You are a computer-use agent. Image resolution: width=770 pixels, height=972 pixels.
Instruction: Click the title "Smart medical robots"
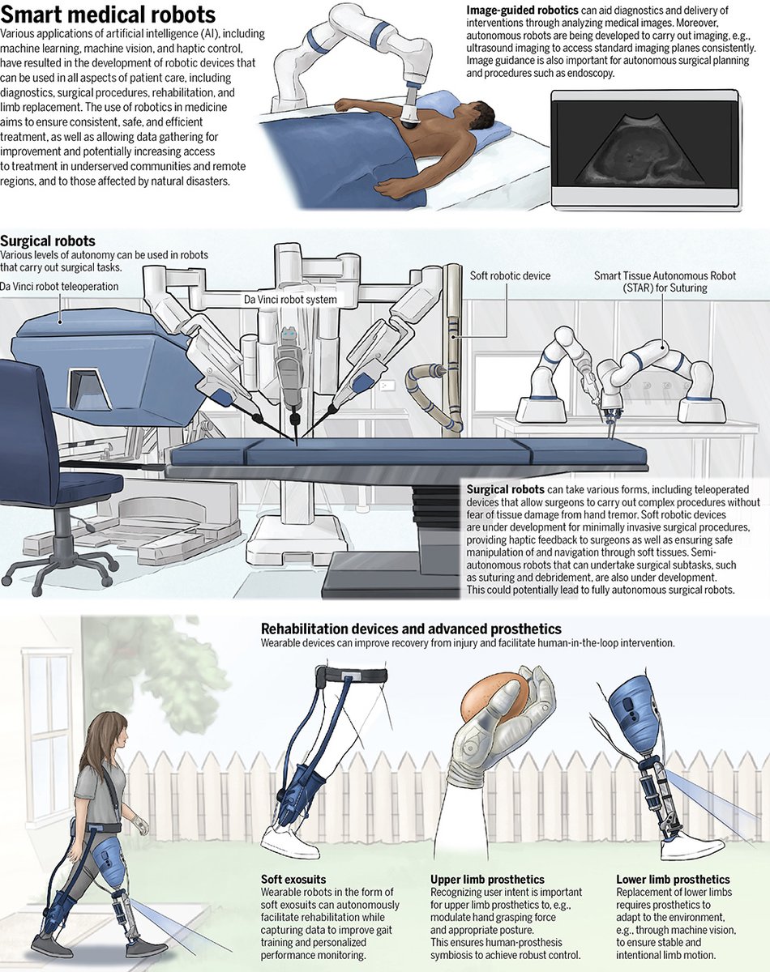point(108,15)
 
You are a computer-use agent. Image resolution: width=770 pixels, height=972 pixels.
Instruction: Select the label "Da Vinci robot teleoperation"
point(59,287)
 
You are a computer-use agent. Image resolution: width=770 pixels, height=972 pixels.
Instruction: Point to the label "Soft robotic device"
point(510,276)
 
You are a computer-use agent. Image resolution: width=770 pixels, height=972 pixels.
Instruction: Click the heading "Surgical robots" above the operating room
point(48,241)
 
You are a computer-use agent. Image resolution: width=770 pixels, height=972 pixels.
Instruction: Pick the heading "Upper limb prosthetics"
point(486,880)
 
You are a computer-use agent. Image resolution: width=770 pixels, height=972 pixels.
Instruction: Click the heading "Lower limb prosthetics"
point(673,880)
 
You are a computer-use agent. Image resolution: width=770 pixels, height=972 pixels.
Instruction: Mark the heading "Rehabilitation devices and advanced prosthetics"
point(411,629)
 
